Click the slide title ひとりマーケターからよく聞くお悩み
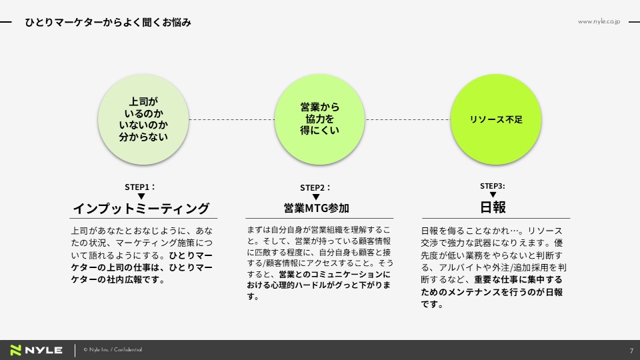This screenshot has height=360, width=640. tap(108, 23)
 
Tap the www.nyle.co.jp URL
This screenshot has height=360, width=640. tap(599, 21)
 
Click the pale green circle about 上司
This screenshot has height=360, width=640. tap(143, 119)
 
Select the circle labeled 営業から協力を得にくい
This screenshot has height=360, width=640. tap(319, 119)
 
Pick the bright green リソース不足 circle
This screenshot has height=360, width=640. tap(496, 119)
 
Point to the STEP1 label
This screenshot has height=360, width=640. tap(140, 187)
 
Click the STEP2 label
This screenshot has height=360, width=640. tap(315, 188)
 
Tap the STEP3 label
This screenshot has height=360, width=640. tap(492, 186)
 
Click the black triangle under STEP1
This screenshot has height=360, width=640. tap(141, 196)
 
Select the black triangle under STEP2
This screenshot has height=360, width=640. tap(316, 197)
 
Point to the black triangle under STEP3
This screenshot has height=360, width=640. tap(493, 195)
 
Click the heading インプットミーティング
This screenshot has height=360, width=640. tap(141, 208)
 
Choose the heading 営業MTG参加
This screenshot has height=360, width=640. tap(317, 208)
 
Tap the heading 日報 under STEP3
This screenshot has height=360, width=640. tap(493, 207)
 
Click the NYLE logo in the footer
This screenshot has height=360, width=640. tap(36, 350)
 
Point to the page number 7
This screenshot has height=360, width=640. tap(631, 351)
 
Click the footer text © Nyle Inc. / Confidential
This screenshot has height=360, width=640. tap(113, 350)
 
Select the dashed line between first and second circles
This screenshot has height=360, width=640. tap(231, 119)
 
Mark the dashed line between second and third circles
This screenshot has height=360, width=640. tap(408, 119)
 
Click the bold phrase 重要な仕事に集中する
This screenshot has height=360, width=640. tap(519, 279)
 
